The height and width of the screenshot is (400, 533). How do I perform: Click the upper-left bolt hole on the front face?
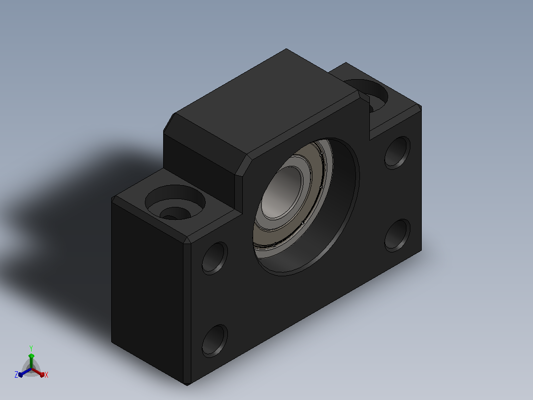(x=215, y=258)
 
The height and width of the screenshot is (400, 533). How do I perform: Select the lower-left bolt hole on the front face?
(x=215, y=341)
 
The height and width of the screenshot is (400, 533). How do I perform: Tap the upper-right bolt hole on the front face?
(x=398, y=152)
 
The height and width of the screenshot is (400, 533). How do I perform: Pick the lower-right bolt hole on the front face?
(x=398, y=236)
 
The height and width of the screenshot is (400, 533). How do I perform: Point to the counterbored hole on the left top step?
(x=175, y=203)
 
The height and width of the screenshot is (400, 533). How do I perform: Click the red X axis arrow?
(x=38, y=372)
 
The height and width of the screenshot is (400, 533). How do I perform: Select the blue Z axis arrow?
(x=25, y=372)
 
